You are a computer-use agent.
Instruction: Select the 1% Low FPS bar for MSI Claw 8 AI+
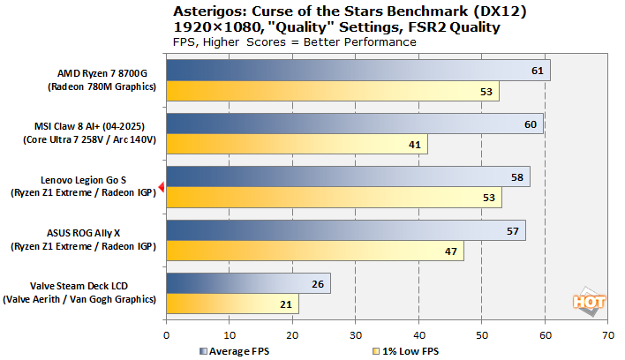click(296, 145)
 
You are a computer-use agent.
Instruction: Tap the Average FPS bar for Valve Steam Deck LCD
click(248, 284)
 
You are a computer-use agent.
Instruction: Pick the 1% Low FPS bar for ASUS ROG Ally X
click(314, 251)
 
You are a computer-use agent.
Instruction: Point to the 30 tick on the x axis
click(355, 335)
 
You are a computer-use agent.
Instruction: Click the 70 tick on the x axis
click(607, 335)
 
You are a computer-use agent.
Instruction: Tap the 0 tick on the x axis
click(166, 335)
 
